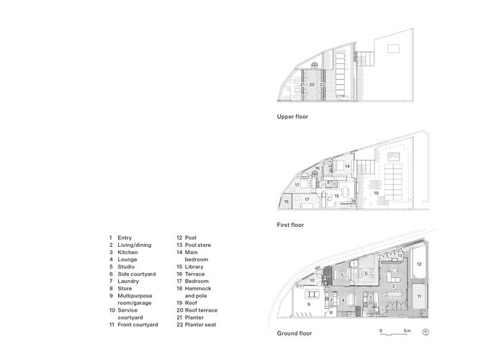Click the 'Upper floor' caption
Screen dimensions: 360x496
(292, 116)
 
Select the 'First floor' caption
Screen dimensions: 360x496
(290, 225)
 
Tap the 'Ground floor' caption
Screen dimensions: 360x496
(294, 333)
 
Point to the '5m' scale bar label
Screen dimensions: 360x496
(407, 329)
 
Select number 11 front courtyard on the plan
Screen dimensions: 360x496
(418, 296)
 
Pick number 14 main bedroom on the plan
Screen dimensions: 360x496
(346, 166)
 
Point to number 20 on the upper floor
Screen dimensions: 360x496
(312, 85)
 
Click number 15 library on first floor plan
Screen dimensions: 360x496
(336, 196)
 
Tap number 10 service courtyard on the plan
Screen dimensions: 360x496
(312, 279)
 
